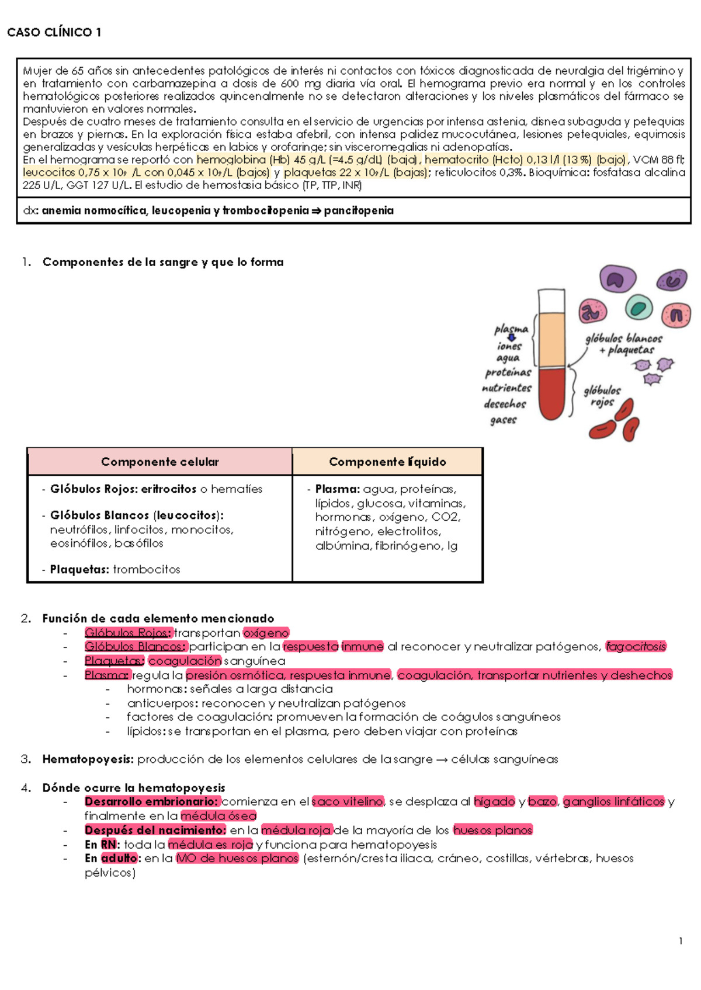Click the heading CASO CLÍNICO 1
tap(54, 33)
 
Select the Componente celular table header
tap(159, 462)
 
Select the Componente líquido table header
tap(387, 462)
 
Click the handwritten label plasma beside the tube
tap(511, 329)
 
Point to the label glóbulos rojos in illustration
tap(602, 396)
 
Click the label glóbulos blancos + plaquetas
tap(624, 344)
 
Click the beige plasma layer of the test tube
tap(551, 339)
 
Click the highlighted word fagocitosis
tap(636, 647)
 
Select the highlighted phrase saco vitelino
tap(348, 801)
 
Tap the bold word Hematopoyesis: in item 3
tap(88, 759)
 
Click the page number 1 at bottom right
tap(681, 941)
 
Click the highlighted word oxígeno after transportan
tap(266, 633)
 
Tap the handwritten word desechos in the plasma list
tap(505, 404)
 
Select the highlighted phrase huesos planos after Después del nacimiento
tap(492, 830)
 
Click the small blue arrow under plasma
tap(512, 337)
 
